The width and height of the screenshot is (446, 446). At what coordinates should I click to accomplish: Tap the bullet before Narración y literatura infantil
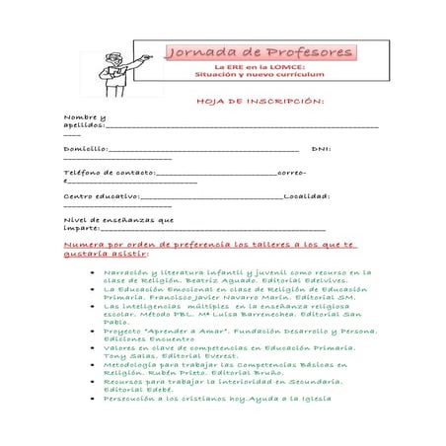click(91, 271)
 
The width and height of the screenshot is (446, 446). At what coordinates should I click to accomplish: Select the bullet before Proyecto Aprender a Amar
click(91, 332)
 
